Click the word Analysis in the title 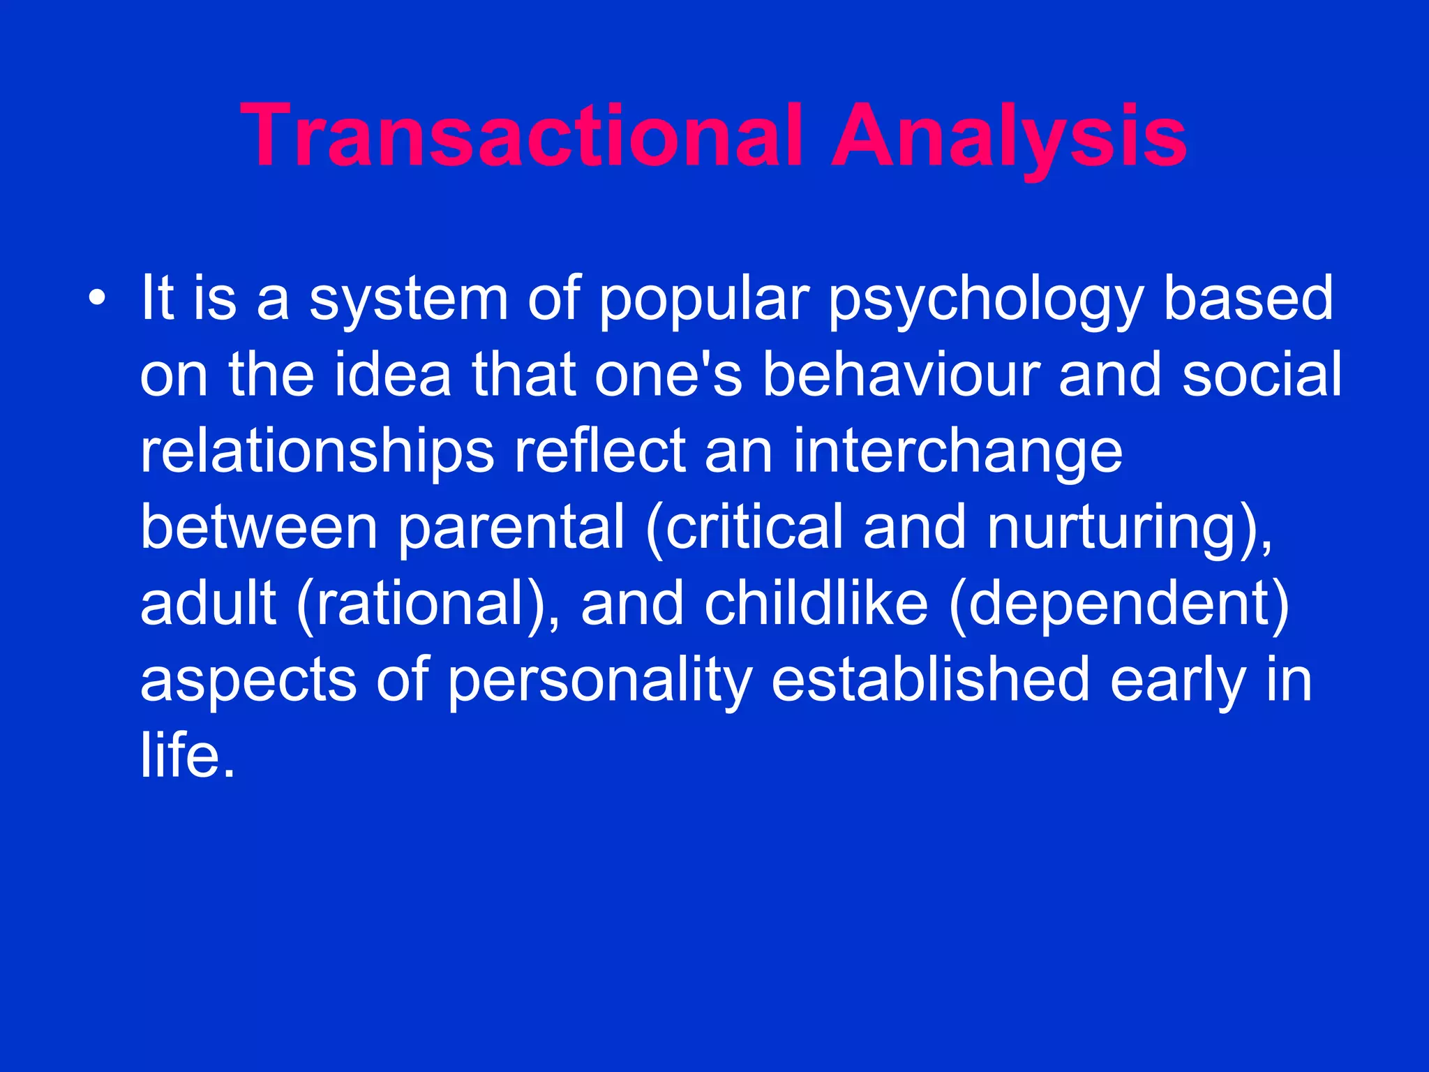(x=1009, y=136)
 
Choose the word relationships (x=317, y=452)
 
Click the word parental (x=511, y=528)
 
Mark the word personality (x=600, y=681)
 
